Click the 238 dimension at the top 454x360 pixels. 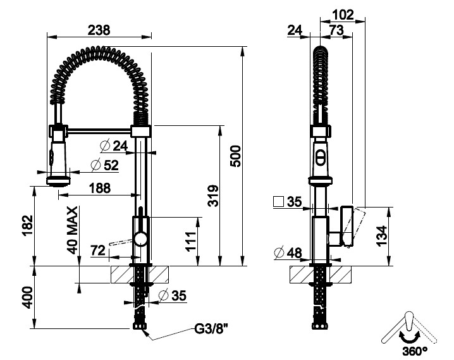pyautogui.click(x=99, y=30)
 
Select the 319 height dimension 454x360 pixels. pyautogui.click(x=213, y=196)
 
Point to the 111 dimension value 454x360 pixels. pyautogui.click(x=192, y=241)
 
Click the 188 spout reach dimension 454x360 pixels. pyautogui.click(x=100, y=188)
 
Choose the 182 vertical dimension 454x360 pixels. pyautogui.click(x=28, y=226)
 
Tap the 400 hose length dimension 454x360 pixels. pyautogui.click(x=28, y=297)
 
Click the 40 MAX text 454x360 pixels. pyautogui.click(x=72, y=230)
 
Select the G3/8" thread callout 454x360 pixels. pyautogui.click(x=211, y=329)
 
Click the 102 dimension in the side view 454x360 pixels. pyautogui.click(x=343, y=15)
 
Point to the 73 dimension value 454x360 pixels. pyautogui.click(x=336, y=30)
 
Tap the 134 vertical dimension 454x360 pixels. pyautogui.click(x=382, y=236)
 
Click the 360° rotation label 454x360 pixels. pyautogui.click(x=415, y=351)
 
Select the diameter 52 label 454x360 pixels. pyautogui.click(x=104, y=165)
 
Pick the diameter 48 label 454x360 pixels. pyautogui.click(x=288, y=253)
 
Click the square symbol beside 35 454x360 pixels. pyautogui.click(x=278, y=201)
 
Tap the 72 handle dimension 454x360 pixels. pyautogui.click(x=98, y=251)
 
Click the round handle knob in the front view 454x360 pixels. pyautogui.click(x=141, y=240)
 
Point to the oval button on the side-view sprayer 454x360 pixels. pyautogui.click(x=320, y=157)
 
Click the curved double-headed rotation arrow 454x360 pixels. pyautogui.click(x=409, y=337)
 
